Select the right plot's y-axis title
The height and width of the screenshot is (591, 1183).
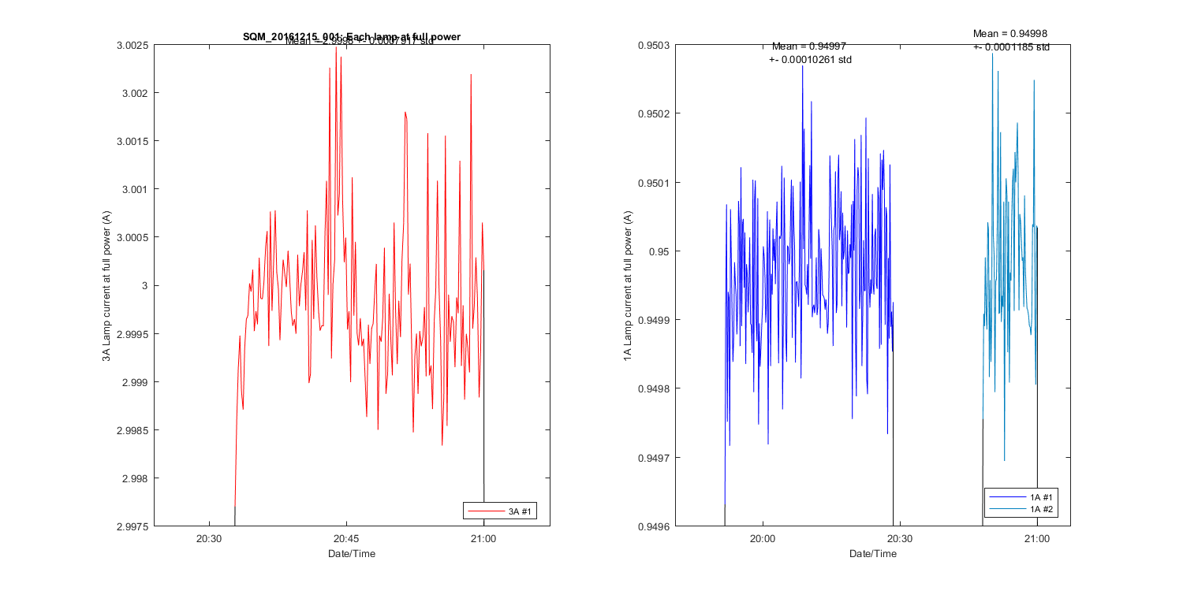point(628,285)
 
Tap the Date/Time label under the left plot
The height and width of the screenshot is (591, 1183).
point(352,554)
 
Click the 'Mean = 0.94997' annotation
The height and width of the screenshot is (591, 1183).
point(809,46)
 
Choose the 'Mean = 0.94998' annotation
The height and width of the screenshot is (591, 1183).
point(1010,33)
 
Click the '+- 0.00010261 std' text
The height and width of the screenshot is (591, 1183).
point(810,60)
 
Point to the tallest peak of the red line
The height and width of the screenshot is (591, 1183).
point(336,47)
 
